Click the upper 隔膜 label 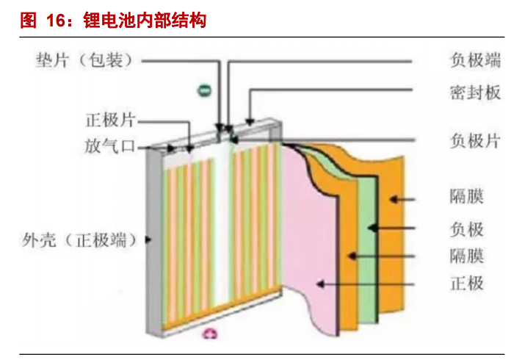(466, 197)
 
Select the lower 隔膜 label (466, 256)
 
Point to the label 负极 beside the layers (466, 228)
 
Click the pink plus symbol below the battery (211, 336)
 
